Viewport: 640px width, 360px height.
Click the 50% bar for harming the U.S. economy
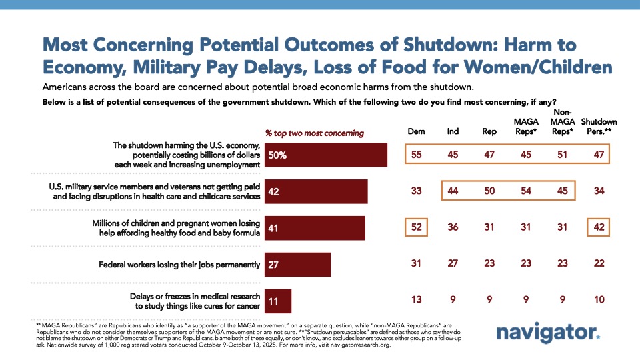tap(326, 155)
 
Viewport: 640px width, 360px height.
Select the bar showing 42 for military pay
tap(316, 192)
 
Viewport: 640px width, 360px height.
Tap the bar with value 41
tap(315, 228)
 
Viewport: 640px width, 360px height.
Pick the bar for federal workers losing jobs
tap(297, 264)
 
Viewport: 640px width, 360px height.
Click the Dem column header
tap(416, 132)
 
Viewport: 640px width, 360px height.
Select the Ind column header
tap(453, 132)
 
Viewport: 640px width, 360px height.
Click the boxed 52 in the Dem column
tap(416, 228)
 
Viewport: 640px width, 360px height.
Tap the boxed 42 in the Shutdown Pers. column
tap(599, 228)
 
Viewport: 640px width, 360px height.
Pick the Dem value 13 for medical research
tap(416, 300)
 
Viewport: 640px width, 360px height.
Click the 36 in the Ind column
tap(453, 228)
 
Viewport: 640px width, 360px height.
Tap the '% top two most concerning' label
tap(315, 133)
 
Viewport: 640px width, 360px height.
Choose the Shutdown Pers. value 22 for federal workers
tap(599, 264)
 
